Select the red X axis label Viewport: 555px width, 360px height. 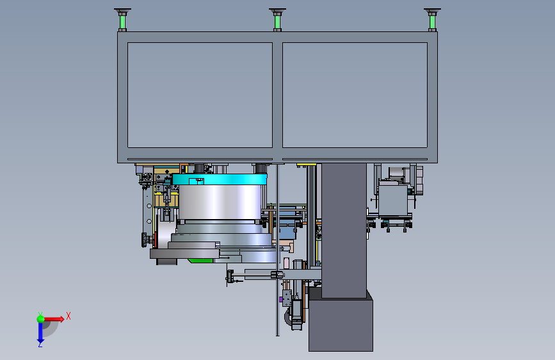[x=68, y=316]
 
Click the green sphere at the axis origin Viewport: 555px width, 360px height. [x=41, y=319]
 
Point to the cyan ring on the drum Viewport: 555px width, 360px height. [x=220, y=179]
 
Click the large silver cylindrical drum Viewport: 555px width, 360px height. [x=220, y=202]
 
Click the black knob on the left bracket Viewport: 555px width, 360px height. [x=145, y=240]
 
